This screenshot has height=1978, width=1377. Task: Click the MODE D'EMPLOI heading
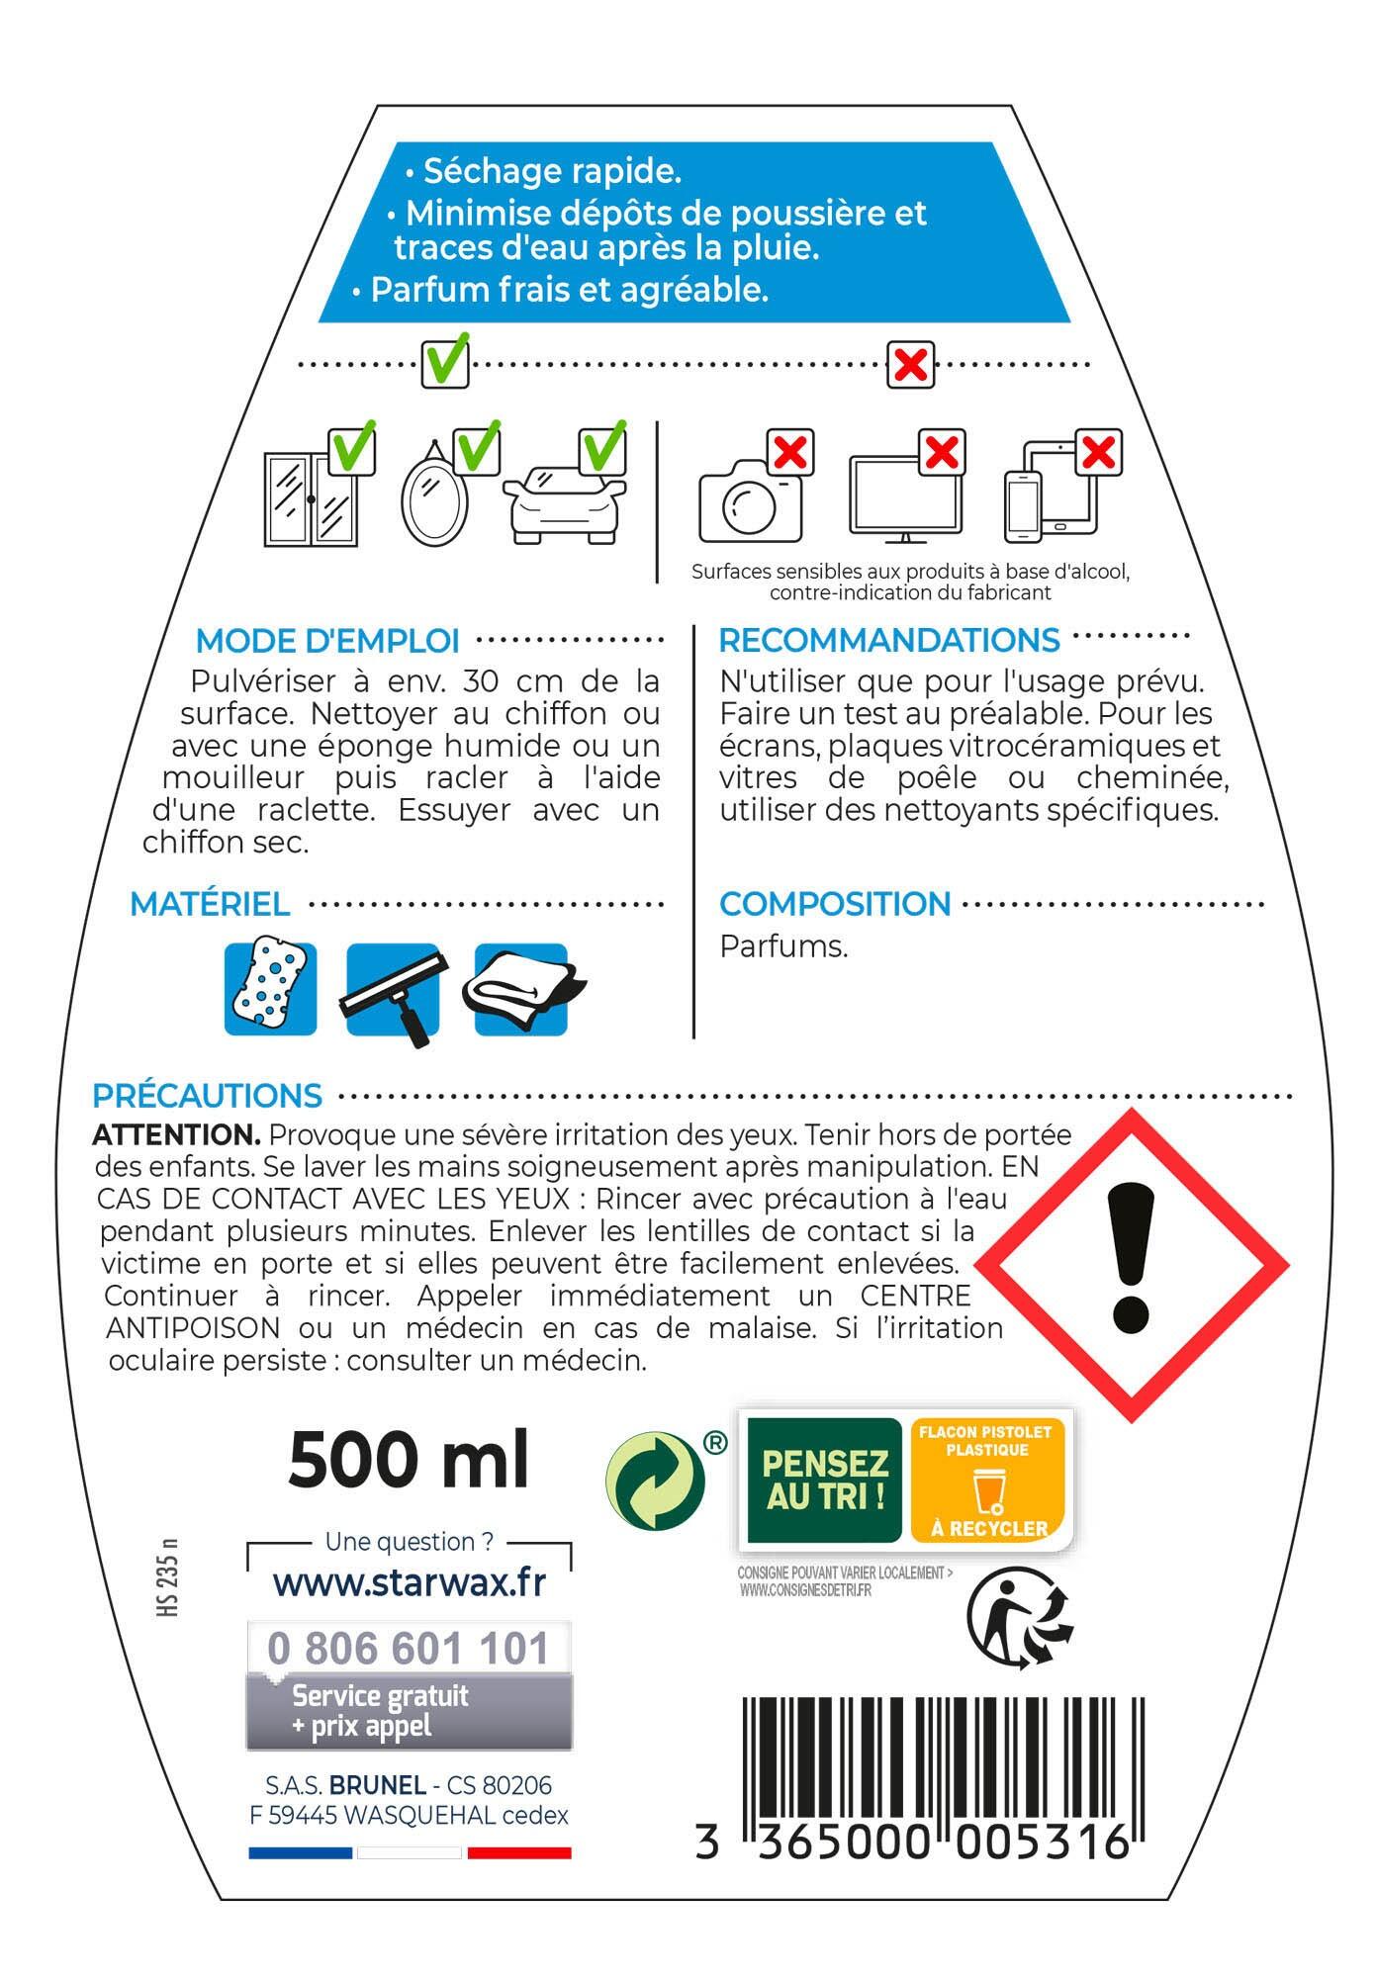327,641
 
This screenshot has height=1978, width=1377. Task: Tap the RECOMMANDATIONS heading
888,641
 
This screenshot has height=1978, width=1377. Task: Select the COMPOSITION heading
834,904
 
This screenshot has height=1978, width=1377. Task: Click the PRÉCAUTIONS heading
207,1096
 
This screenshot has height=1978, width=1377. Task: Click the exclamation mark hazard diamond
1131,1265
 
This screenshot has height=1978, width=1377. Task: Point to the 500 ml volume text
409,1460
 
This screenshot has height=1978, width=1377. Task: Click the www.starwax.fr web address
409,1583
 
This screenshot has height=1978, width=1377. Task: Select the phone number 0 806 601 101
409,1649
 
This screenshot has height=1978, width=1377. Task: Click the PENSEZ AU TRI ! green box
824,1480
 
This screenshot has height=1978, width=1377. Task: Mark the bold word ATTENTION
176,1134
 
